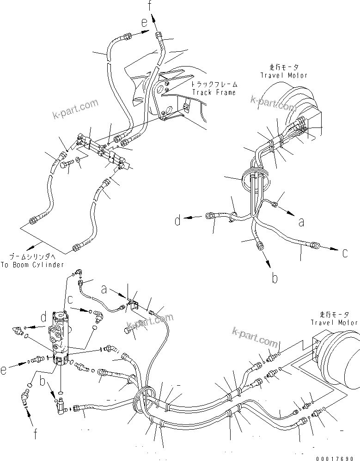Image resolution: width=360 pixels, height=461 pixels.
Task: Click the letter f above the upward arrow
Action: (149, 6)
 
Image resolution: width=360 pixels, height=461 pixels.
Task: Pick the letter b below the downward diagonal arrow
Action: (274, 278)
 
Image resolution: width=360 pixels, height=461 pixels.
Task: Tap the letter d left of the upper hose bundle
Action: (177, 221)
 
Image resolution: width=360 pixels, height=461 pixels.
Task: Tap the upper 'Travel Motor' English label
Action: (284, 75)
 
